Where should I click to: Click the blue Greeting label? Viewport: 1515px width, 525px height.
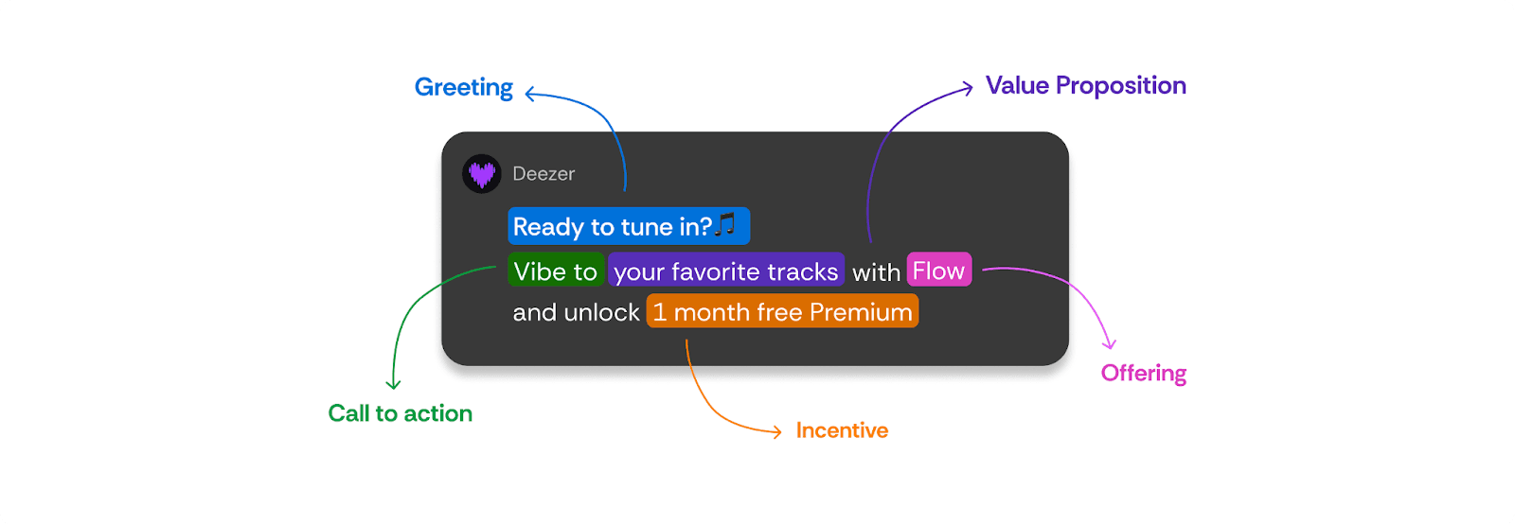[464, 88]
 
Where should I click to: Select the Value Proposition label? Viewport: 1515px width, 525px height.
[1085, 86]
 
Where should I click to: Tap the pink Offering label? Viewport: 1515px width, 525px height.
[1144, 374]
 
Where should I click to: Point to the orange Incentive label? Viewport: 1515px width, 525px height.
[842, 430]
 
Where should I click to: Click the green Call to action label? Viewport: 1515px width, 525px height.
[401, 413]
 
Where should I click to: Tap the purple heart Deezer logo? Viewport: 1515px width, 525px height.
[482, 174]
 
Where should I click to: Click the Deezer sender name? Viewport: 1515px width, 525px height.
[544, 174]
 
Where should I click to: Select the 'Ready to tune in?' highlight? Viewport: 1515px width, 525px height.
[629, 226]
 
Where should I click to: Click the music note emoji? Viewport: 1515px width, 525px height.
[725, 223]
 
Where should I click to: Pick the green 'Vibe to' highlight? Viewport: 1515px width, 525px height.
[555, 271]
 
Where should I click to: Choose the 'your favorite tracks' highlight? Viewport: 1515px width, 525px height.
[726, 271]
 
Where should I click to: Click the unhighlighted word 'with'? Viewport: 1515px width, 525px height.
[876, 272]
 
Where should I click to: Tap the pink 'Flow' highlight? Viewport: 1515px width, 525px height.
[939, 270]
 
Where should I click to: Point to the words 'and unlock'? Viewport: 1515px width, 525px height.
[577, 312]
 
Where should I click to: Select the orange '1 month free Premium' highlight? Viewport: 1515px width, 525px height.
[782, 311]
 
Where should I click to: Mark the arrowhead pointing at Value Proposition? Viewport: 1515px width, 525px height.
[970, 87]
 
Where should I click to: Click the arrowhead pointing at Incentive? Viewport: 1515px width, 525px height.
[778, 431]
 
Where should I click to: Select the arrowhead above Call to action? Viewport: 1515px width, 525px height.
[393, 386]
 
